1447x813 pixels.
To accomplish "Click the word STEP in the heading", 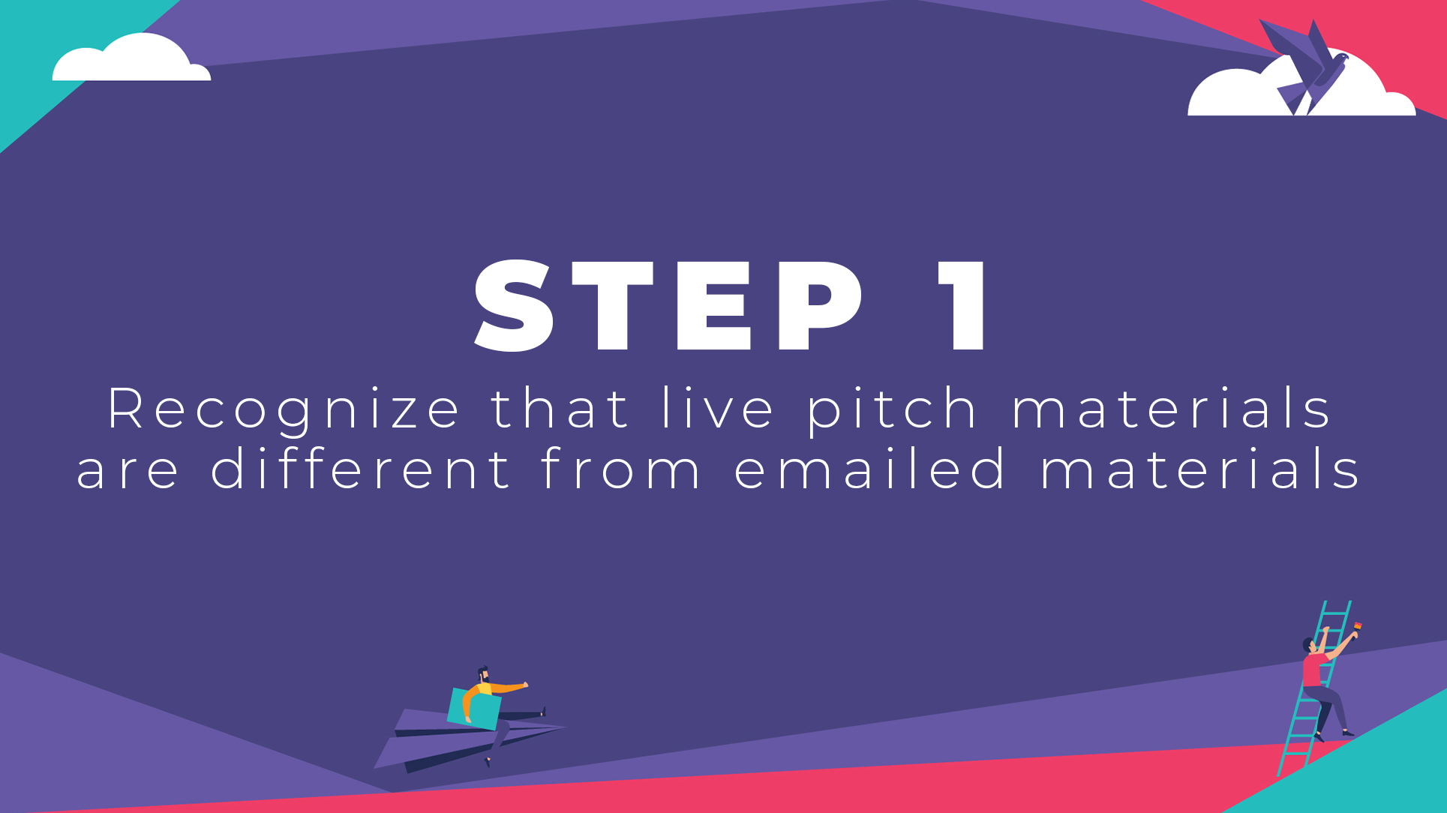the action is click(x=668, y=305).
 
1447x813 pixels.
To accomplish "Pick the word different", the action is click(x=361, y=468).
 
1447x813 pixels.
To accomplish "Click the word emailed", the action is click(x=869, y=468).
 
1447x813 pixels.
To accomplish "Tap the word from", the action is click(x=620, y=468).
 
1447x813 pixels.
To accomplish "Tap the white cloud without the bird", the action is click(x=131, y=58).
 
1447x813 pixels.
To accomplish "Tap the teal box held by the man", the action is click(x=474, y=709).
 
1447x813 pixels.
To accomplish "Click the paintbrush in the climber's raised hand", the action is click(x=1357, y=627).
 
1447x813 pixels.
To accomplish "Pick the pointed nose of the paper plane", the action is click(x=566, y=727).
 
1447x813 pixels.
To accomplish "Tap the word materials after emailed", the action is click(x=1199, y=468).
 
